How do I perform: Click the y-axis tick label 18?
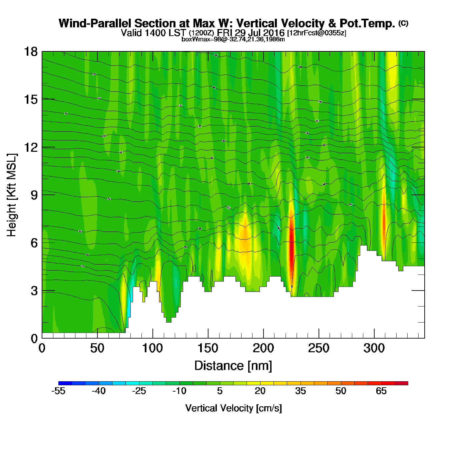pyautogui.click(x=30, y=52)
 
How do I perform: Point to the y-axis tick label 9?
pyautogui.click(x=34, y=195)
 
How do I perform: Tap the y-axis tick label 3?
pyautogui.click(x=34, y=291)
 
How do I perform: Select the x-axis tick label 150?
pyautogui.click(x=208, y=348)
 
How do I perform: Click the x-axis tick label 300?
pyautogui.click(x=374, y=348)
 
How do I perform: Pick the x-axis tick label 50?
pyautogui.click(x=97, y=348)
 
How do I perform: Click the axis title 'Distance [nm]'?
pyautogui.click(x=233, y=366)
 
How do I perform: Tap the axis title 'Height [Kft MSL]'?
pyautogui.click(x=12, y=195)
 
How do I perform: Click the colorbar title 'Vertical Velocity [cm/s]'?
pyautogui.click(x=233, y=408)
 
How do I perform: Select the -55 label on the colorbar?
pyautogui.click(x=58, y=391)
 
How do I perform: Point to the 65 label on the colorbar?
pyautogui.click(x=381, y=391)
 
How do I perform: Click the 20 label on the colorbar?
pyautogui.click(x=260, y=391)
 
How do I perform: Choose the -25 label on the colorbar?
pyautogui.click(x=139, y=391)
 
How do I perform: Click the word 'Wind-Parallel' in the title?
pyautogui.click(x=95, y=24)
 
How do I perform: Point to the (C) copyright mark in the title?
pyautogui.click(x=403, y=23)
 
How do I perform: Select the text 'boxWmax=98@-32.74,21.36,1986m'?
pyautogui.click(x=233, y=39)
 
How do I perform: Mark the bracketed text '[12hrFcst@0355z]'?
pyautogui.click(x=317, y=33)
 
